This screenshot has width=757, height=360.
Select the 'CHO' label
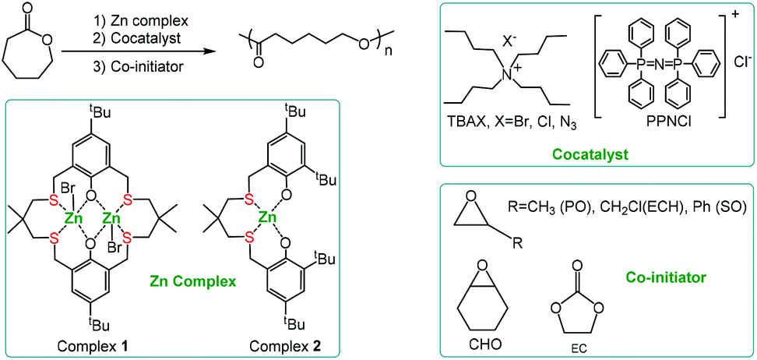click(481, 344)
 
